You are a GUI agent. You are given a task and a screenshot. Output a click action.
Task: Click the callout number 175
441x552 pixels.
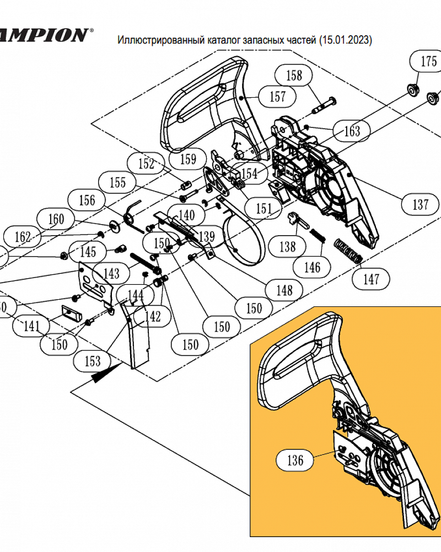point(429,61)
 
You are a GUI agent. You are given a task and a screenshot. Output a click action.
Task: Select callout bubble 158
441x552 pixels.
point(294,75)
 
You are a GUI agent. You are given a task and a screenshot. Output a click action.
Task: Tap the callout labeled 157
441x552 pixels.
point(278,97)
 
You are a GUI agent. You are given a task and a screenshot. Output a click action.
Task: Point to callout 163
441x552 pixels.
point(352,131)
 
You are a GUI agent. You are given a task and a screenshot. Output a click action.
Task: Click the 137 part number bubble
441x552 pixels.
point(420,205)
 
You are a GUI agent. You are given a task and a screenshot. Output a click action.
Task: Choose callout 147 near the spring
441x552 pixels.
point(371,279)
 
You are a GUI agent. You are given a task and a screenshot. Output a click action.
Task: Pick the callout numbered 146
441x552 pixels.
point(312,268)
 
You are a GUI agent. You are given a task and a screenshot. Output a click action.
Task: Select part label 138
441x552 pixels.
point(287,246)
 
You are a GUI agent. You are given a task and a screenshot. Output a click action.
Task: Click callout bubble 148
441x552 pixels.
point(284,289)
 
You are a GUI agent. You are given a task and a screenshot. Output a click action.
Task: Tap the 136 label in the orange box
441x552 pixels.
point(295,460)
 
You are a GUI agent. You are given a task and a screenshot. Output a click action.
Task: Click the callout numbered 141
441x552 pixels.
point(31,327)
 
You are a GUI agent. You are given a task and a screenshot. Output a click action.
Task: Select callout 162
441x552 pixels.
point(23,237)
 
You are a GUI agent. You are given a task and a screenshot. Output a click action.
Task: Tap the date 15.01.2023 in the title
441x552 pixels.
point(345,40)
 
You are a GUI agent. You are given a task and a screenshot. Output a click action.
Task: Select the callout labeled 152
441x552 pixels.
point(146,163)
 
